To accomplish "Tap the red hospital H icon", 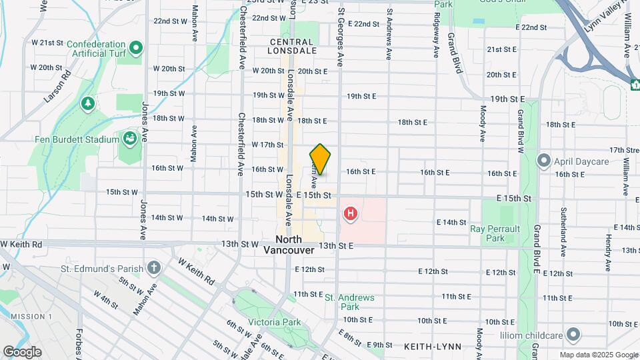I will [x=349, y=214].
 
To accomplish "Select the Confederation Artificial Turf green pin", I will [x=137, y=47].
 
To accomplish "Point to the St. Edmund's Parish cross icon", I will [x=155, y=269].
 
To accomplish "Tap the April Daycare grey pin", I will [x=544, y=161].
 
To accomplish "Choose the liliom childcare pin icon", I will [x=574, y=333].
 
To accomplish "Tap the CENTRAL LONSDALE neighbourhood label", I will [x=292, y=45].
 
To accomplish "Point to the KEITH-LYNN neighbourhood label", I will [x=429, y=347].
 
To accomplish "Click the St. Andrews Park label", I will [x=349, y=302].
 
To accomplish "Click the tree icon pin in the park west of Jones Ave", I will [x=87, y=104].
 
